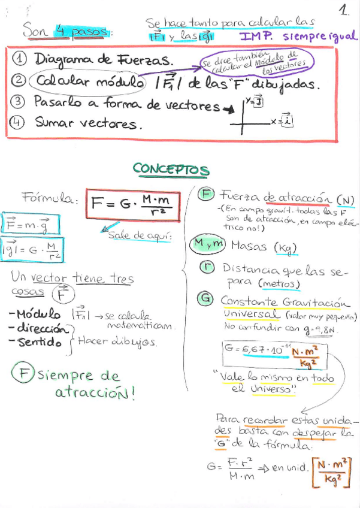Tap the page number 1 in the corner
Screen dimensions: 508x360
pos(344,10)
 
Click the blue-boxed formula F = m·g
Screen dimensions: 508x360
pos(24,224)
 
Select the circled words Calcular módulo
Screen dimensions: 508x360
pos(89,81)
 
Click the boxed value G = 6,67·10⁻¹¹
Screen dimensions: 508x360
pos(273,355)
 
